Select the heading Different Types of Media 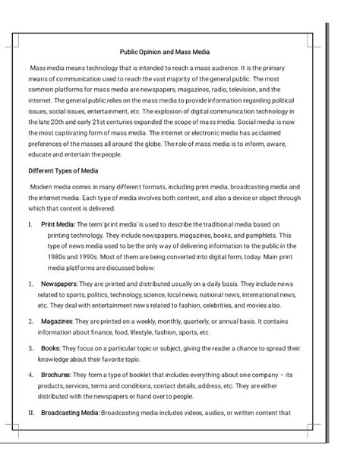pyautogui.click(x=63, y=171)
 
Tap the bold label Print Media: pyautogui.click(x=58, y=225)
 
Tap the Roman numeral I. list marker pyautogui.click(x=30, y=225)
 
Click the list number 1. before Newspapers pyautogui.click(x=31, y=283)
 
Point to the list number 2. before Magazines pyautogui.click(x=31, y=322)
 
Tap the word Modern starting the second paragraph pyautogui.click(x=43, y=187)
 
